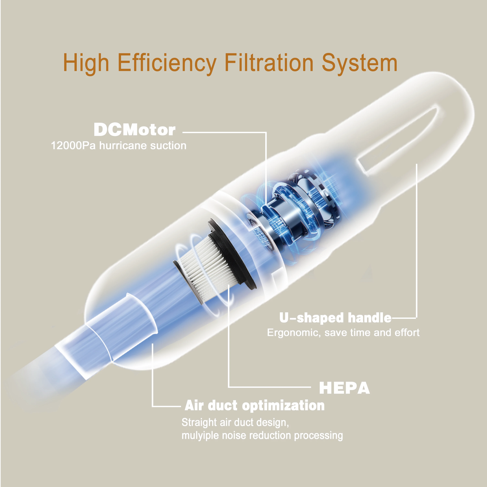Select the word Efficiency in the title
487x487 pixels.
(x=167, y=63)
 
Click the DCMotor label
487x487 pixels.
(x=134, y=130)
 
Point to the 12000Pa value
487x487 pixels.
(x=73, y=146)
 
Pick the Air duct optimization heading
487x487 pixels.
(x=255, y=405)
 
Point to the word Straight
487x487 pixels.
(x=199, y=422)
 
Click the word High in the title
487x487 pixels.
(x=86, y=63)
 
